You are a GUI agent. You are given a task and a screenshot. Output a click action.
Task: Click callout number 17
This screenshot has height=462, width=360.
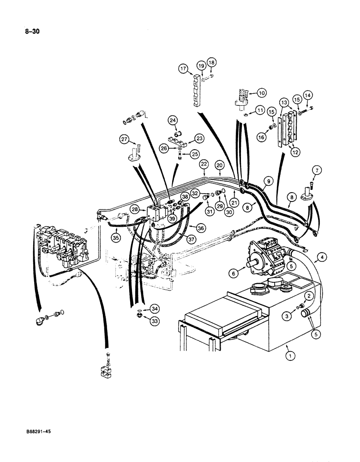click(x=183, y=69)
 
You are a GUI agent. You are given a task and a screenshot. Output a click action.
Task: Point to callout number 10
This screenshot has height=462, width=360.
click(x=262, y=93)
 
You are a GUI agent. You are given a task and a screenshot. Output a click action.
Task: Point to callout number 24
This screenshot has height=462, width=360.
click(x=173, y=121)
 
